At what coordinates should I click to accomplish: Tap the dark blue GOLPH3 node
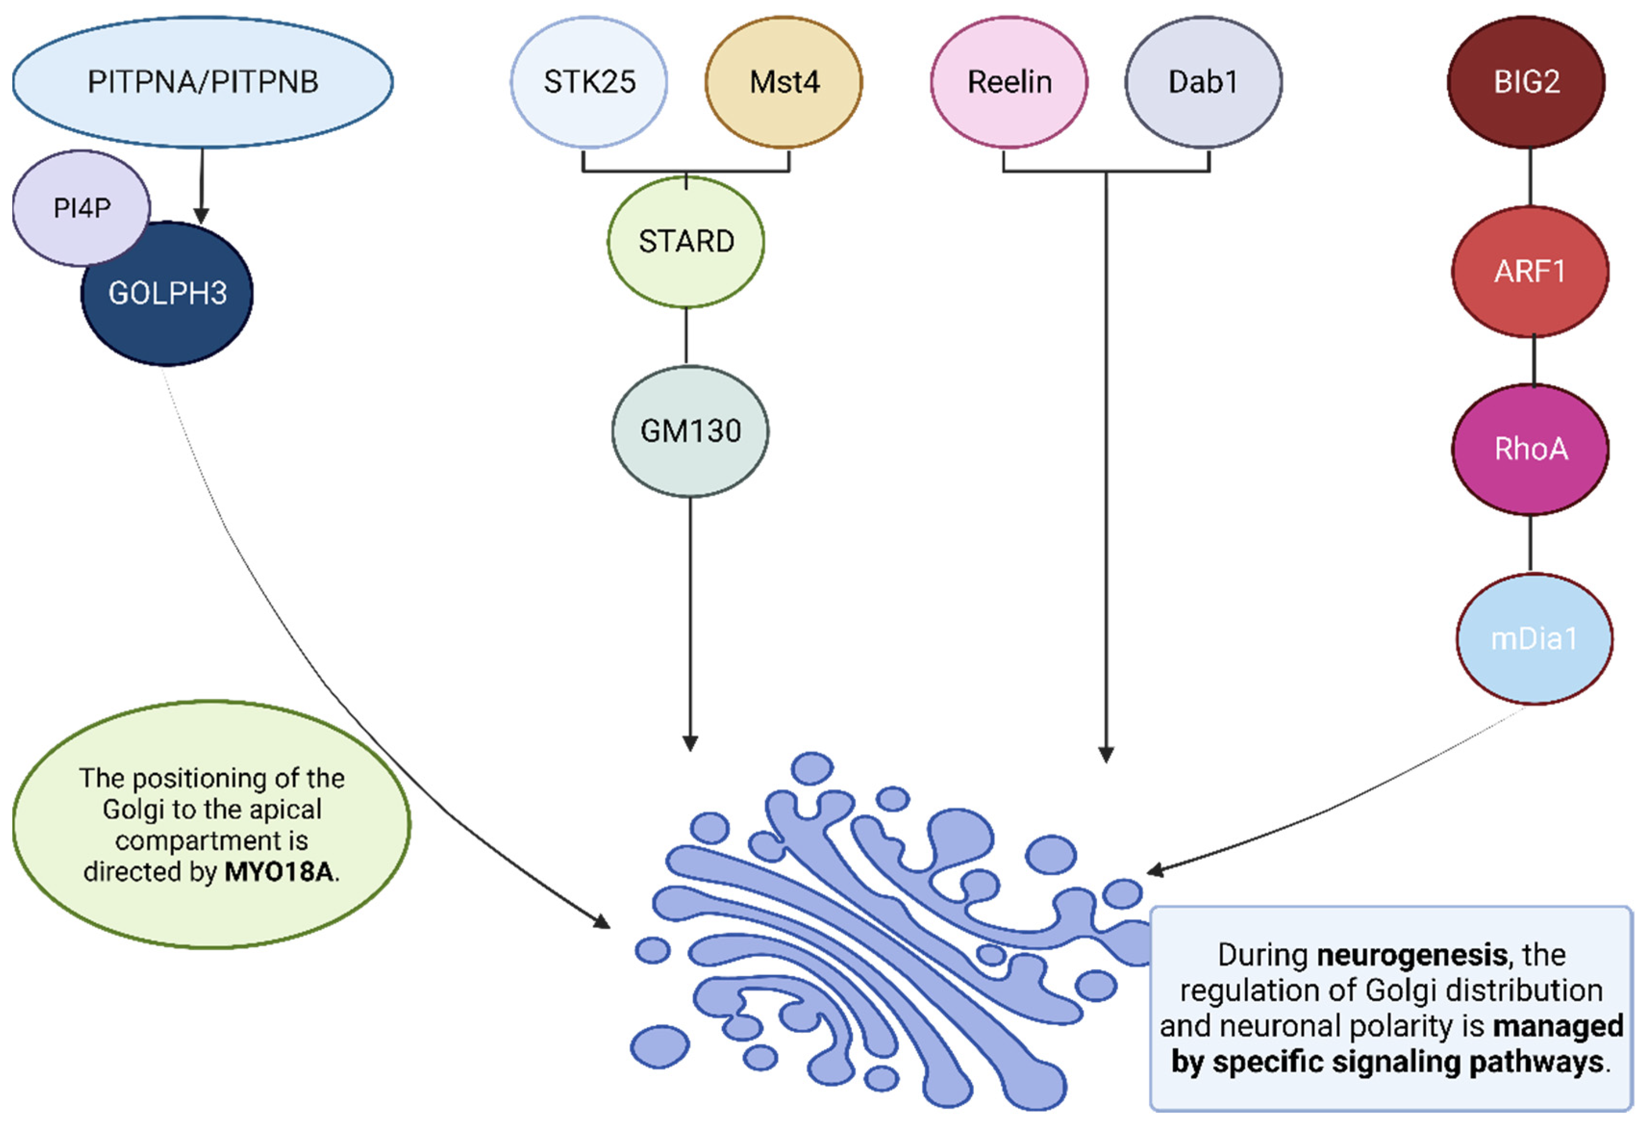167,293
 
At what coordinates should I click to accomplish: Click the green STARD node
686,241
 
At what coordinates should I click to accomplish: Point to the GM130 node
690,431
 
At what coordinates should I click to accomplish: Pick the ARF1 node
1530,271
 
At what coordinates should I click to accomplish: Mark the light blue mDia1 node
1534,639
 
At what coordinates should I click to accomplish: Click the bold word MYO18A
278,871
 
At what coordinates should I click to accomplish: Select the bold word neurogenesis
1411,955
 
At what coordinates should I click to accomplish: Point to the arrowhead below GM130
690,743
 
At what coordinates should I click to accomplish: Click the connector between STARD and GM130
686,336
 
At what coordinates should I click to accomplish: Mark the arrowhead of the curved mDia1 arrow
1155,870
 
